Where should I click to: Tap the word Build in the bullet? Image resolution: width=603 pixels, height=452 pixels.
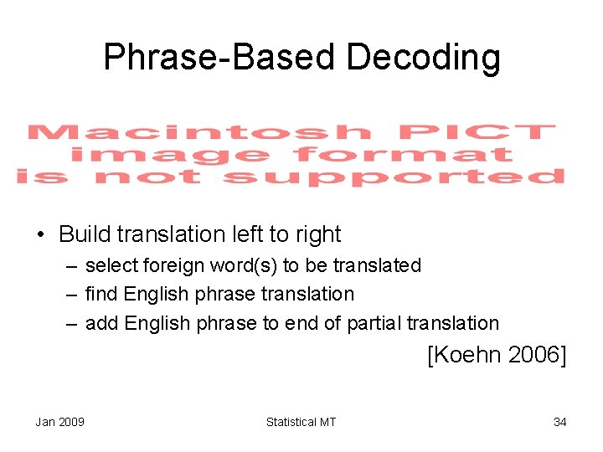[84, 234]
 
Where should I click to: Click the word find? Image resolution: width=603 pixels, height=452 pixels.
[101, 294]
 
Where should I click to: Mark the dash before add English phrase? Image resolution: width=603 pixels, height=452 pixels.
[72, 323]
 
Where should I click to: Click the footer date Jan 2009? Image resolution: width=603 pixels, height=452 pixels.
[59, 422]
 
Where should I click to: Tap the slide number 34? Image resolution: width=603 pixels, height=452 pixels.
[559, 422]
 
